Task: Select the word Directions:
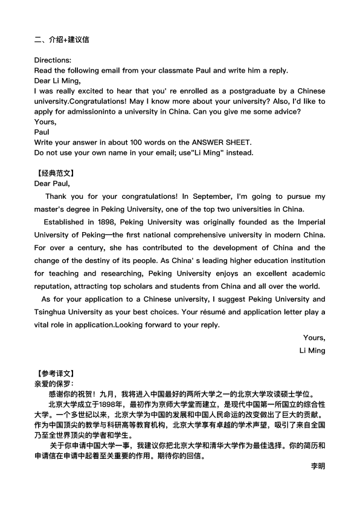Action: tap(53, 60)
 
